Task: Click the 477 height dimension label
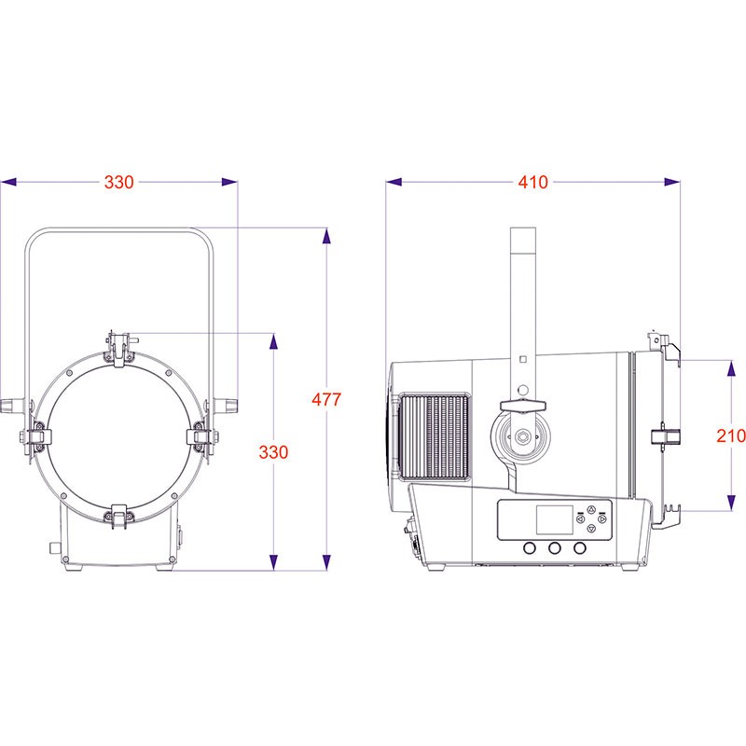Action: point(326,399)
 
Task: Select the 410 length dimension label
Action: point(532,182)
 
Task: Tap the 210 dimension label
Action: point(731,435)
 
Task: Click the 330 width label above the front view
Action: point(119,182)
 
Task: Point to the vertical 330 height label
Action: point(273,452)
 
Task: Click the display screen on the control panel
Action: point(554,519)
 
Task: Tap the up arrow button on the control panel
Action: point(591,510)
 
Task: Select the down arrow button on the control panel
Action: point(591,528)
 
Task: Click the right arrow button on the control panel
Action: point(602,519)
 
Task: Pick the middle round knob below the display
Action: point(554,548)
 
